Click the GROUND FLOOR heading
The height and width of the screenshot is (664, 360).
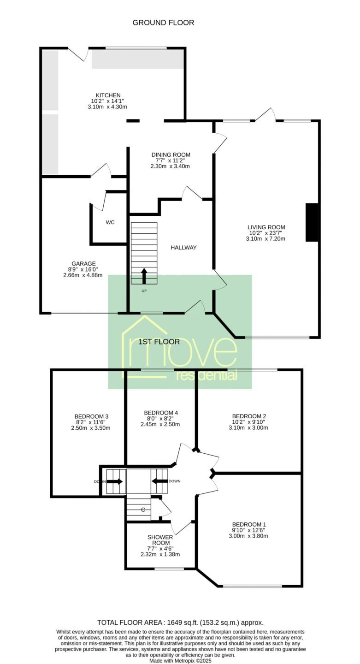[x=163, y=23]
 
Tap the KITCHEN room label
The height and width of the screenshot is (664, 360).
[x=108, y=95]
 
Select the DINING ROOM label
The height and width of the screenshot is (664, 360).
[x=171, y=155]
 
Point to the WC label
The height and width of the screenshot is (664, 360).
[x=110, y=222]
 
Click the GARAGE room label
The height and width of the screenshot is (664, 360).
[x=83, y=264]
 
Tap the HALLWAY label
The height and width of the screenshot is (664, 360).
[x=183, y=248]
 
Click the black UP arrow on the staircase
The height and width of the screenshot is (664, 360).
[x=144, y=276]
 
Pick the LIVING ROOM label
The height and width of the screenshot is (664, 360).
[x=266, y=227]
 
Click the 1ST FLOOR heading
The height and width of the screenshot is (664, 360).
[x=159, y=342]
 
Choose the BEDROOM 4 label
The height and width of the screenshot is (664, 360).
[x=160, y=413]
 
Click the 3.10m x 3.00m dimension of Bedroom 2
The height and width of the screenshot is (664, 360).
[x=248, y=428]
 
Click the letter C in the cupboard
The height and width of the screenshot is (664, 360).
[x=143, y=510]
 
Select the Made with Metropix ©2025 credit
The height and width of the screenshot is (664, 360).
[x=180, y=661]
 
